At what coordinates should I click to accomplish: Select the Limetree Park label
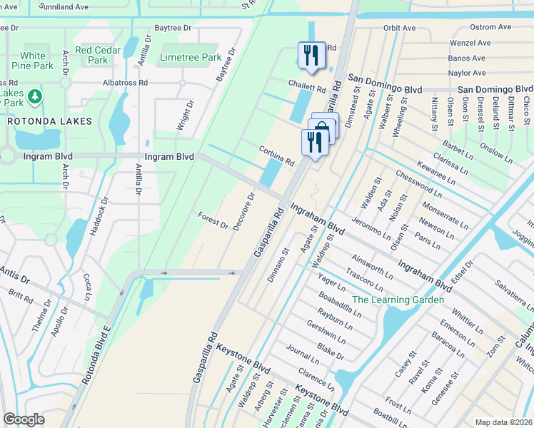191,57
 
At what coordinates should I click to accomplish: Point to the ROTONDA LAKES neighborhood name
50,121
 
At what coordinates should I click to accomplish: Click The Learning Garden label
398,300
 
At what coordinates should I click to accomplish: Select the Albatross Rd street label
126,83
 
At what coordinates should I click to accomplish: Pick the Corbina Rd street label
276,157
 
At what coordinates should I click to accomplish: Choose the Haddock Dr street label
98,218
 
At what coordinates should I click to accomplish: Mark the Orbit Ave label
399,29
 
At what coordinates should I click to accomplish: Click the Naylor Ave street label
467,73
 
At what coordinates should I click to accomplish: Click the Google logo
24,419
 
